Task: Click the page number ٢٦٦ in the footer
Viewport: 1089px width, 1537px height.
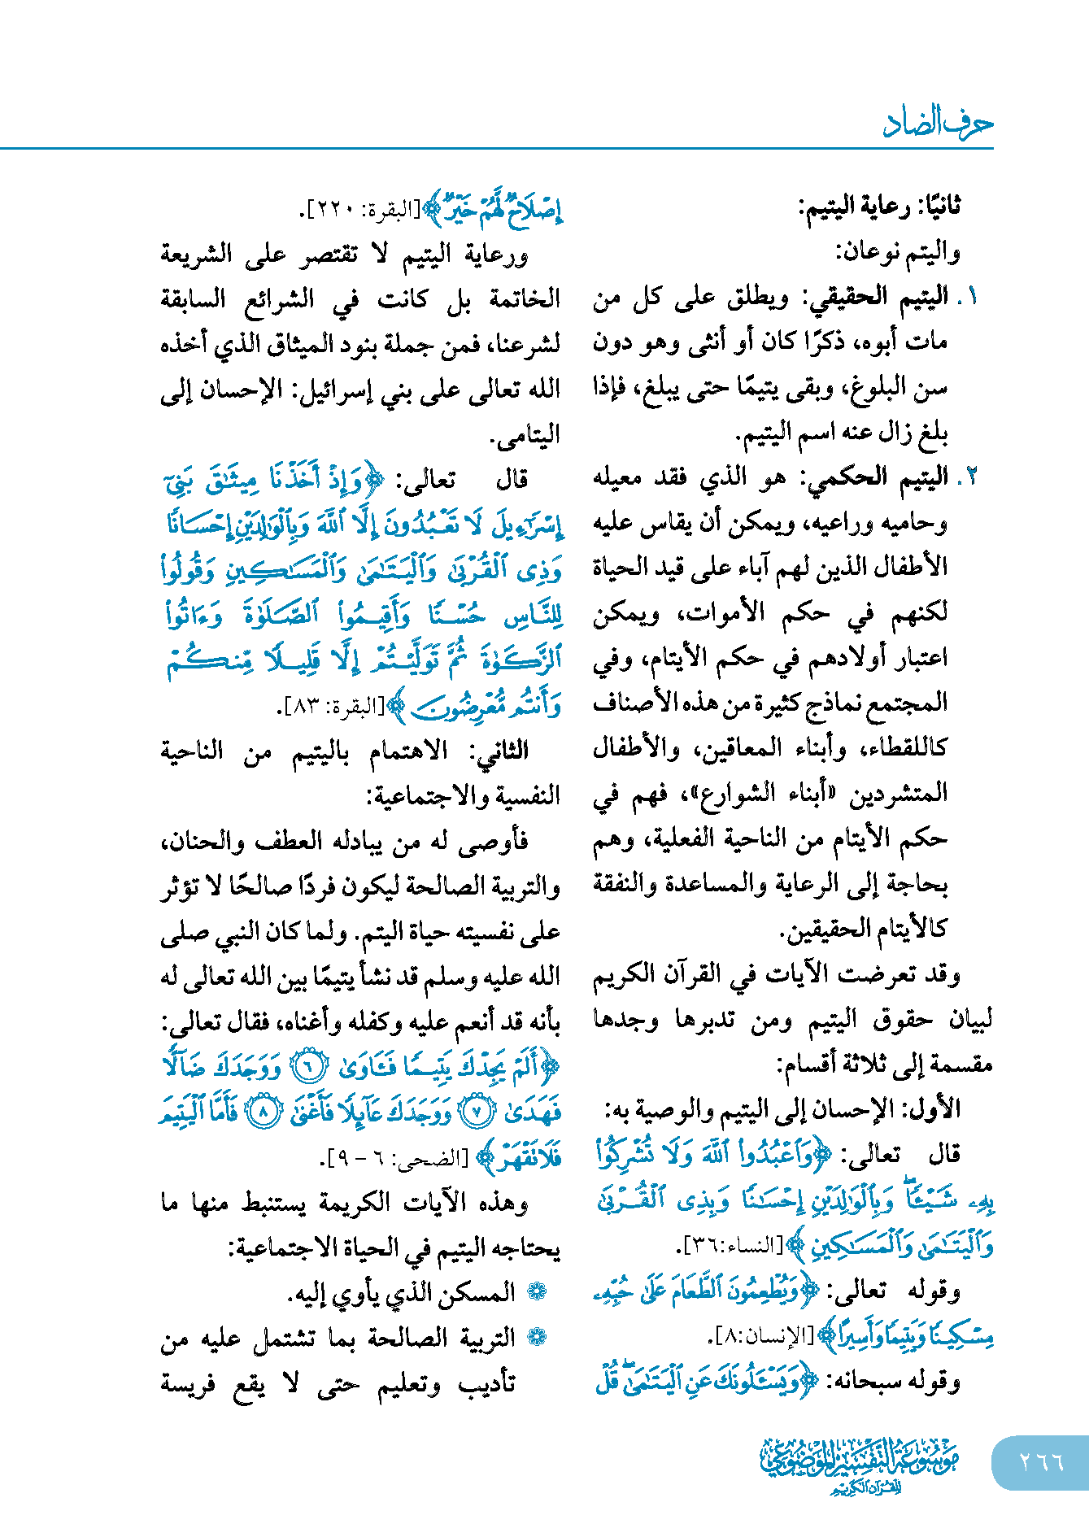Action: (1041, 1461)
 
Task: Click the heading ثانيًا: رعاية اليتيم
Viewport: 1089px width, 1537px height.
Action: (879, 207)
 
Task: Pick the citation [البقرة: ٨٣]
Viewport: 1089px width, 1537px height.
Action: (333, 707)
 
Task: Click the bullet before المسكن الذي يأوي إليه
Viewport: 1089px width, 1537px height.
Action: (537, 1291)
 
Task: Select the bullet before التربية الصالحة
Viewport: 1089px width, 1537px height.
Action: (537, 1337)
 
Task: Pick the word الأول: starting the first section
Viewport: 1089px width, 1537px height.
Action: (935, 1108)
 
